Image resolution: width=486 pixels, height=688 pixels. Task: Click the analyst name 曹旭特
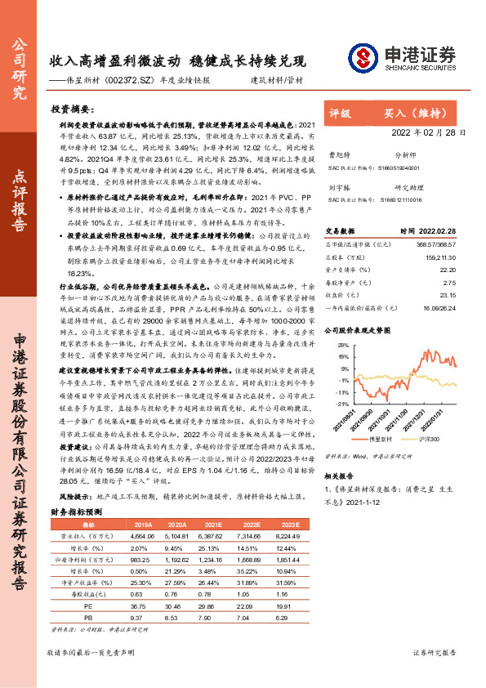click(339, 153)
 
